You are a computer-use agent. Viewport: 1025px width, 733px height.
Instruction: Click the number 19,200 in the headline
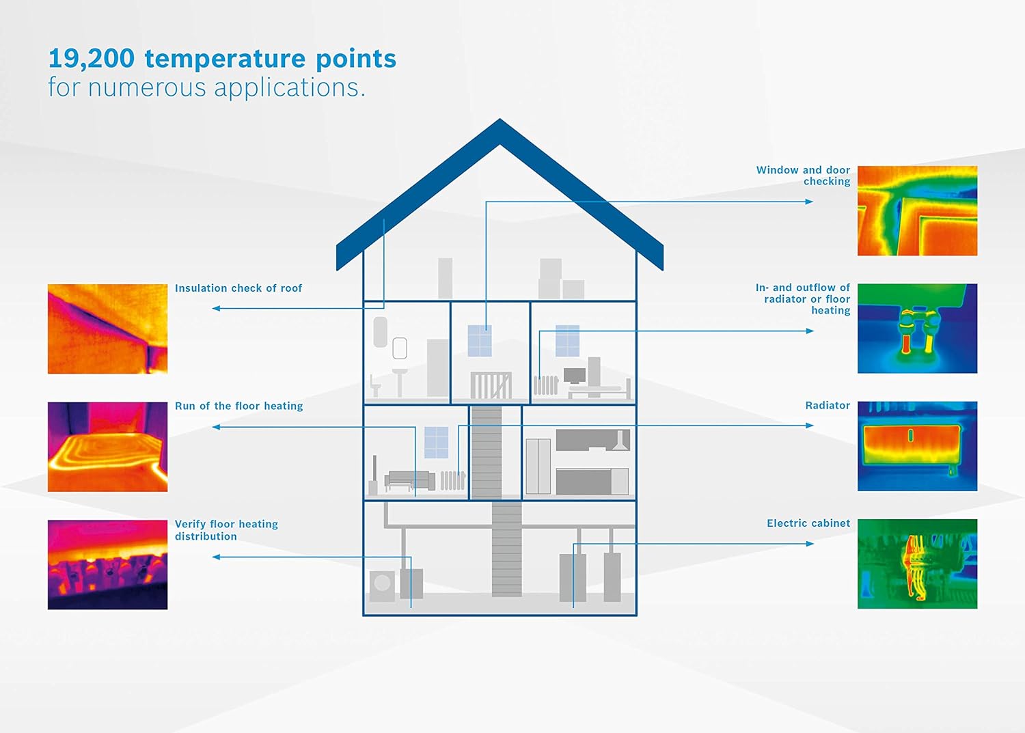pyautogui.click(x=92, y=59)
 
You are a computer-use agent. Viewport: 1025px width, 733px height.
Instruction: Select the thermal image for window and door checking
pyautogui.click(x=917, y=211)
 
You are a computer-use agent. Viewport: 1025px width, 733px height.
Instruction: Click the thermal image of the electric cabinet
pyautogui.click(x=917, y=564)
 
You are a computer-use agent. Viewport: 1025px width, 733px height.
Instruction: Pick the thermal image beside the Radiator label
pyautogui.click(x=917, y=446)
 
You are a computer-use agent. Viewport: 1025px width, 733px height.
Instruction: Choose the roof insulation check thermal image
pyautogui.click(x=107, y=329)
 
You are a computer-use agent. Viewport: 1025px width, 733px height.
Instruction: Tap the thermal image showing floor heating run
pyautogui.click(x=107, y=447)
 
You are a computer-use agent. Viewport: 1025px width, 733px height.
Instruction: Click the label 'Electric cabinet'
pyautogui.click(x=808, y=523)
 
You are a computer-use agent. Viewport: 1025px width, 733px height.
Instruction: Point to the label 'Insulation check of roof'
pyautogui.click(x=238, y=288)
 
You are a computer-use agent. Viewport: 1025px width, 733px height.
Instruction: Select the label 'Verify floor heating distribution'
pyautogui.click(x=226, y=530)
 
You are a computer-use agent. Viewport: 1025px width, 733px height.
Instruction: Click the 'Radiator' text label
pyautogui.click(x=828, y=405)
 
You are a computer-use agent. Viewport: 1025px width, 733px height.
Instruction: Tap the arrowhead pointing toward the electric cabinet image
pyautogui.click(x=810, y=544)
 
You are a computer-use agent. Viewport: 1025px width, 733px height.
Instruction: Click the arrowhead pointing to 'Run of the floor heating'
pyautogui.click(x=217, y=427)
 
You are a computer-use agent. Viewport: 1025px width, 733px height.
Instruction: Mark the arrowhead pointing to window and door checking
pyautogui.click(x=809, y=202)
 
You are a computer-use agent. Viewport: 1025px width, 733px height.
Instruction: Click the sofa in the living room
pyautogui.click(x=409, y=480)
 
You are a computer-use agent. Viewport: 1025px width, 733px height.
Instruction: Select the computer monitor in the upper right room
pyautogui.click(x=574, y=376)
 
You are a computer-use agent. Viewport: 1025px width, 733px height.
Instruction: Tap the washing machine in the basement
pyautogui.click(x=382, y=585)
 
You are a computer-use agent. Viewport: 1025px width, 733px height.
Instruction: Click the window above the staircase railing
pyautogui.click(x=480, y=341)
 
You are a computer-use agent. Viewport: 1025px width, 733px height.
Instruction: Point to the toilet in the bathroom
pyautogui.click(x=375, y=386)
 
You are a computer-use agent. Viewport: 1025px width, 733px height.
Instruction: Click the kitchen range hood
pyautogui.click(x=621, y=441)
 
